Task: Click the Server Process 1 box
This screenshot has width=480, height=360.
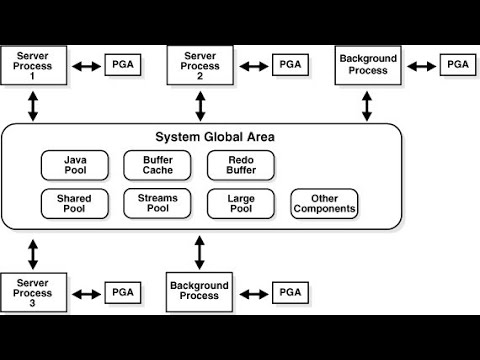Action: point(33,65)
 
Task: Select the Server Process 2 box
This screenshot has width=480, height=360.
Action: point(200,65)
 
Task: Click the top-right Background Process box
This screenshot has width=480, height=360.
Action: point(368,65)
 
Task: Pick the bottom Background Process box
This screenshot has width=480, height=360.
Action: point(200,292)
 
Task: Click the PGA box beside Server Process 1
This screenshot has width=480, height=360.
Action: point(123,65)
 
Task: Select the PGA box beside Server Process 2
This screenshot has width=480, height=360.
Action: point(290,65)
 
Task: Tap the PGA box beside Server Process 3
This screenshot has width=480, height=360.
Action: point(123,292)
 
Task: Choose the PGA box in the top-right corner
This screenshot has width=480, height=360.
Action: point(457,65)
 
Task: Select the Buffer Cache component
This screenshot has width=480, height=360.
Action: point(157,165)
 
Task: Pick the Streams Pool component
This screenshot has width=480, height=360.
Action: point(157,204)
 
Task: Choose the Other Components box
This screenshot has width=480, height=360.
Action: point(324,204)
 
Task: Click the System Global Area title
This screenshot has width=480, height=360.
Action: point(215,137)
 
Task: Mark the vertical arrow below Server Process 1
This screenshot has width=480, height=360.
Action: point(33,104)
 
